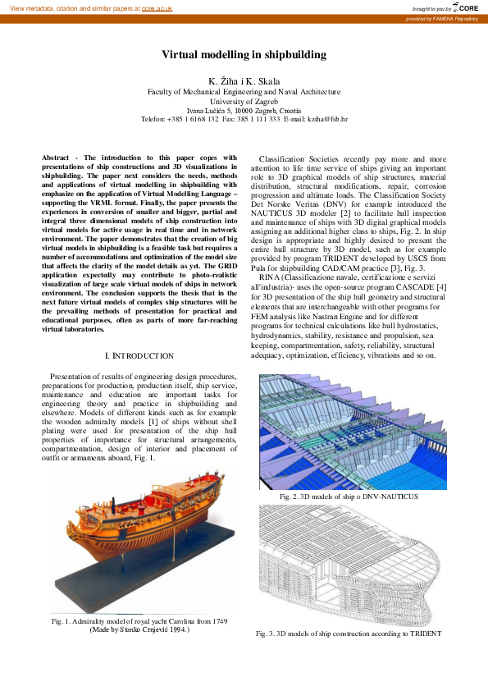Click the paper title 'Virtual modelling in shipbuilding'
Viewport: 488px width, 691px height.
coord(244,55)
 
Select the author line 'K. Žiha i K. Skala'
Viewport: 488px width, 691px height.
coord(244,81)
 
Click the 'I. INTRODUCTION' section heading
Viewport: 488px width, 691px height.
coord(140,355)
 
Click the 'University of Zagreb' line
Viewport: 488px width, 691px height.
coord(244,101)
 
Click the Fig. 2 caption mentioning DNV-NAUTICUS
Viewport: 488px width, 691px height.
coord(349,497)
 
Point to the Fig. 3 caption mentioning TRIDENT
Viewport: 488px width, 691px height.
coord(349,634)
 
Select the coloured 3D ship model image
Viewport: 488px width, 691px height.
coord(353,432)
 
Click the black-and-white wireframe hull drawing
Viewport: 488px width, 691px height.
coord(353,566)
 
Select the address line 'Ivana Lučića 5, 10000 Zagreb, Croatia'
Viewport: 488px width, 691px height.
coord(244,110)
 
